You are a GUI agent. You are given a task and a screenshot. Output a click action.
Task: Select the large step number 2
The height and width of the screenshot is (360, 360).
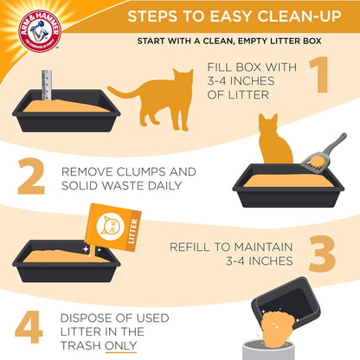(x=32, y=175)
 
